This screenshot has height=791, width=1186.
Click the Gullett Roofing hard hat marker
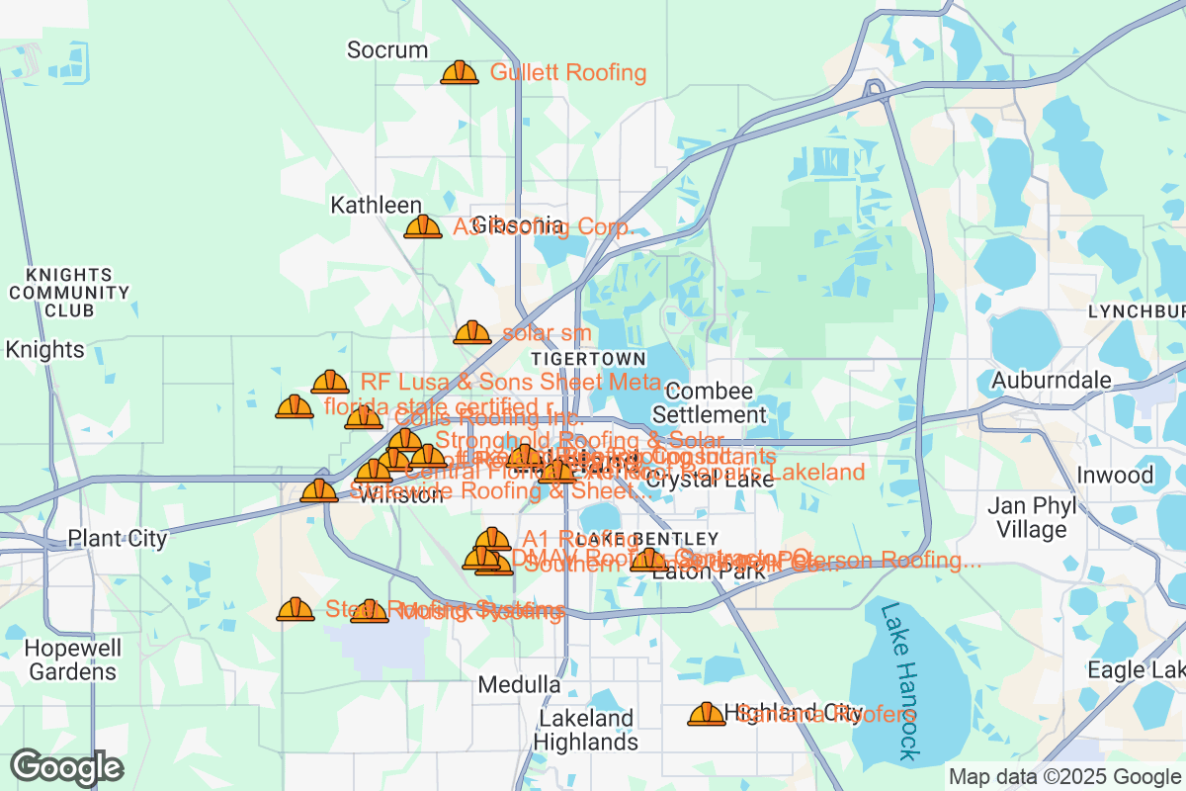(459, 72)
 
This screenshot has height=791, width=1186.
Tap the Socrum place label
(387, 49)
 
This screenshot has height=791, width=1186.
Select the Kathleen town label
(376, 205)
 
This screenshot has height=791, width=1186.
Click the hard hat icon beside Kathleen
(423, 227)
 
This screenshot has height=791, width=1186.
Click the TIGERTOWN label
(588, 358)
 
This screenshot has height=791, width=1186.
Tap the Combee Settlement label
(709, 403)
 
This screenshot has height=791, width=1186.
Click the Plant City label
(117, 539)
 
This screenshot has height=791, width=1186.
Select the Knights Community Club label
(69, 292)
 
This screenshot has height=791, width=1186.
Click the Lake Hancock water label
(897, 682)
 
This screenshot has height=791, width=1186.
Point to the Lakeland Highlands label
(585, 730)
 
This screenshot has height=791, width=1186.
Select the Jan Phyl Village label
(1032, 518)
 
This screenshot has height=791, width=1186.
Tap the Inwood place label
(1115, 476)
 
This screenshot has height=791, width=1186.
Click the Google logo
(66, 767)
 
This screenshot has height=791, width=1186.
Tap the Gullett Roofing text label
(568, 72)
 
